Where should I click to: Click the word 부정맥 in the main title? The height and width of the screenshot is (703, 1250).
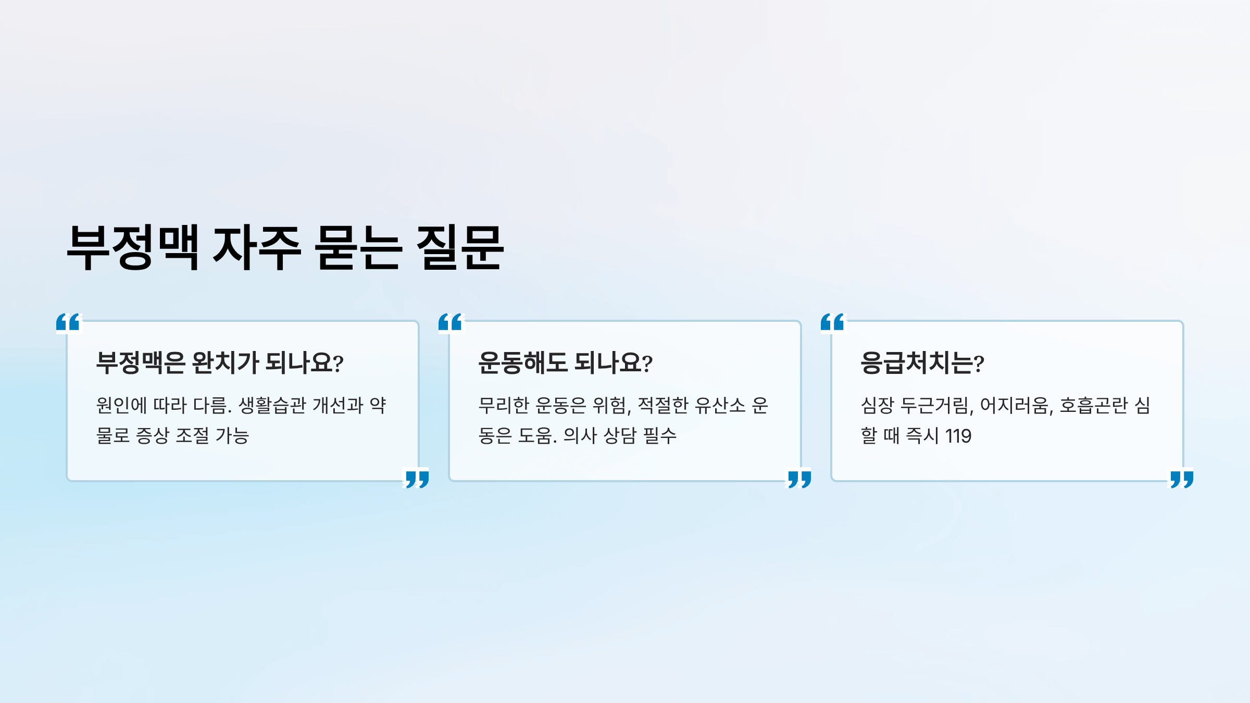coord(133,247)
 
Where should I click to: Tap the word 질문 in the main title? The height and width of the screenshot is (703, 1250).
coord(460,247)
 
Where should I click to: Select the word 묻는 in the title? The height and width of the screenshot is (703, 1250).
coord(358,247)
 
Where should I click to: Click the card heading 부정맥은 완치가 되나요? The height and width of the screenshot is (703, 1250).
coord(219,362)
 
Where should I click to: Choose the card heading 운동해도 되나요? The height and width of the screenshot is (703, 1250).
coord(565,362)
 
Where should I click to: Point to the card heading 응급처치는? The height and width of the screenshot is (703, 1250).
coord(922,362)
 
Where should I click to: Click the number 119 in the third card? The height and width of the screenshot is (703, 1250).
coord(958,436)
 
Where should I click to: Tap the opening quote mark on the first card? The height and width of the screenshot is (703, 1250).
coord(69,322)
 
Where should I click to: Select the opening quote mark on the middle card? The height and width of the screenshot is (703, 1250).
coord(451,322)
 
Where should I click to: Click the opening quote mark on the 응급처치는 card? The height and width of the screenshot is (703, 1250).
coord(833,322)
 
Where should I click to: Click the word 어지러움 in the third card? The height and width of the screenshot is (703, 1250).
coord(1016,405)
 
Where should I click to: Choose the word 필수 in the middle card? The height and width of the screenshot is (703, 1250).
coord(660,436)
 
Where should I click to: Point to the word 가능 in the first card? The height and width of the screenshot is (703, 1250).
coord(232,436)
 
